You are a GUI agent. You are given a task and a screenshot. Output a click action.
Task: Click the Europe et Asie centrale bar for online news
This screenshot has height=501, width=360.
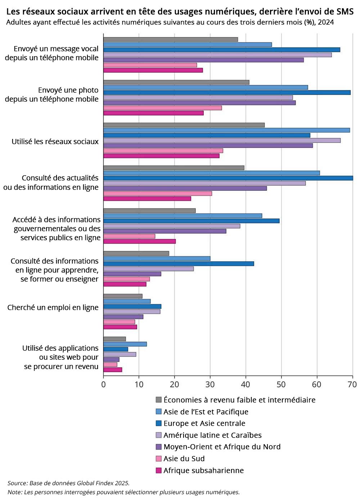(228, 178)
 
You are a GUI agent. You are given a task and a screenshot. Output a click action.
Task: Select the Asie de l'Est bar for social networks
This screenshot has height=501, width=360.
(226, 130)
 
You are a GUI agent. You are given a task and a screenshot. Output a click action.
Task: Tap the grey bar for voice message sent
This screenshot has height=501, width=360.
(171, 39)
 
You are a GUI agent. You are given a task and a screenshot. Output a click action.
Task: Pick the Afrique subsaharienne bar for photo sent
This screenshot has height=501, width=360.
(153, 113)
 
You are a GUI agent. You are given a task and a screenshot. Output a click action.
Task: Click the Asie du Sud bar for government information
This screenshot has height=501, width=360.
(129, 236)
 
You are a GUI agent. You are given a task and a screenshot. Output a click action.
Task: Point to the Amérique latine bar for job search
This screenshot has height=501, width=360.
(132, 312)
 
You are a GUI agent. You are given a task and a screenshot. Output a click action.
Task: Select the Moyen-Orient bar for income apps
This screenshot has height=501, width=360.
(111, 360)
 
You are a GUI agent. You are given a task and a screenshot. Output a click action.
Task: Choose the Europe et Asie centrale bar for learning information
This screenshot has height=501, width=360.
(179, 264)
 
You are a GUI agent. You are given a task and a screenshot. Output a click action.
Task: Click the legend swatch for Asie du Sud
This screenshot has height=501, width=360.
(158, 459)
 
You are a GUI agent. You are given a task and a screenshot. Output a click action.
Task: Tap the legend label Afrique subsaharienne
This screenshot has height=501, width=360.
(203, 470)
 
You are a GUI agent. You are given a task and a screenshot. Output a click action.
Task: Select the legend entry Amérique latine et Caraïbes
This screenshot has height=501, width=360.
(212, 435)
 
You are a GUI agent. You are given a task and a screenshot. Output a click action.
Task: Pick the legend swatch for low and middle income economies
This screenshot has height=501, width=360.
(158, 400)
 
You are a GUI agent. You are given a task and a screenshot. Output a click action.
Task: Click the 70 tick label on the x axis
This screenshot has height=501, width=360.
(352, 384)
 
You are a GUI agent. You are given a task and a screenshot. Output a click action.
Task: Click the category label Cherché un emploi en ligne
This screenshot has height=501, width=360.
(53, 308)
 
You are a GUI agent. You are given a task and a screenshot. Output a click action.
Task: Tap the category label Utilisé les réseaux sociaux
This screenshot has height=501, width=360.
(55, 141)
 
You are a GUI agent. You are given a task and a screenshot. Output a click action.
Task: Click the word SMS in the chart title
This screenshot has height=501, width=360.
(343, 12)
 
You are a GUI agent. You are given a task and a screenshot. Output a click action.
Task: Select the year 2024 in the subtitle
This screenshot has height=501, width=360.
(326, 22)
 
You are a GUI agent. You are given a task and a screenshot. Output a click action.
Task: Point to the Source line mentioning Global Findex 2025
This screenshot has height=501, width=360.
(68, 483)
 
